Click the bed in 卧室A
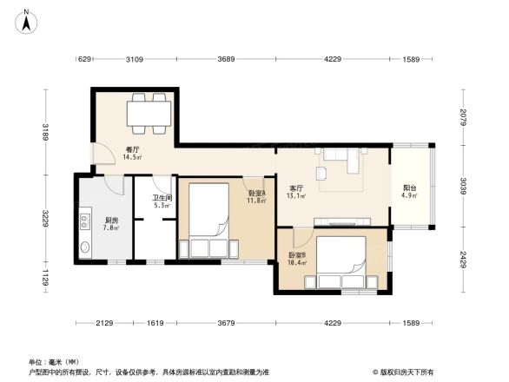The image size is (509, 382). coord(208,221)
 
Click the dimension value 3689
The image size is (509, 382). coord(227,59)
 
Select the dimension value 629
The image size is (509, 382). coord(85,59)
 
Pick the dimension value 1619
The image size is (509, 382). coord(155,323)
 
